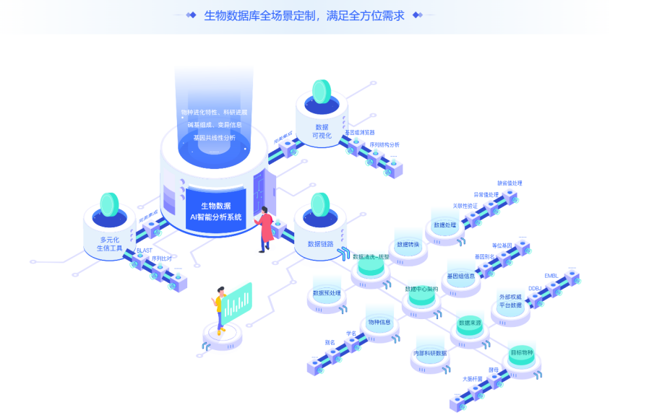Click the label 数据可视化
322,131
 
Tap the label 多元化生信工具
110,244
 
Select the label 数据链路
320,244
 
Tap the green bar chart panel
237,302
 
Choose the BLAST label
144,251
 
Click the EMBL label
551,276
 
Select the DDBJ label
535,288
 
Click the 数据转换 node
408,244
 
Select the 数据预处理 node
327,293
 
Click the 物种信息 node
379,322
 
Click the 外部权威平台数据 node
510,301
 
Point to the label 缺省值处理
510,183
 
